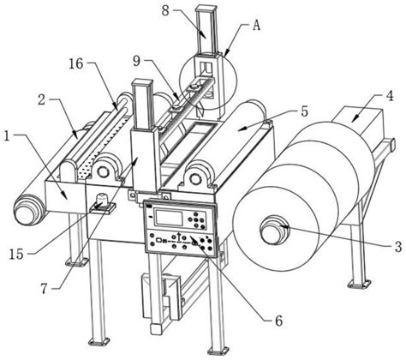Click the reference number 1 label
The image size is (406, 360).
click(x=8, y=136)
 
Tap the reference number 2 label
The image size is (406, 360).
click(x=42, y=100)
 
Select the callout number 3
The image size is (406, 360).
click(x=398, y=247)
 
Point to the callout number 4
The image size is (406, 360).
click(x=390, y=96)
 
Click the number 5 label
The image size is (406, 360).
click(x=305, y=111)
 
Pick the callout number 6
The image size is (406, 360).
click(x=278, y=321)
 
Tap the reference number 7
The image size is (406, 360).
click(x=44, y=290)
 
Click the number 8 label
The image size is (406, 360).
click(x=165, y=11)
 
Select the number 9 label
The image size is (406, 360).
click(x=137, y=62)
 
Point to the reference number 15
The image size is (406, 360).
click(x=16, y=254)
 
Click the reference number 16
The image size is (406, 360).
click(x=75, y=63)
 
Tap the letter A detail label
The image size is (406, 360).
click(x=257, y=26)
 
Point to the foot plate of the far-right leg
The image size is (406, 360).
click(x=360, y=284)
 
